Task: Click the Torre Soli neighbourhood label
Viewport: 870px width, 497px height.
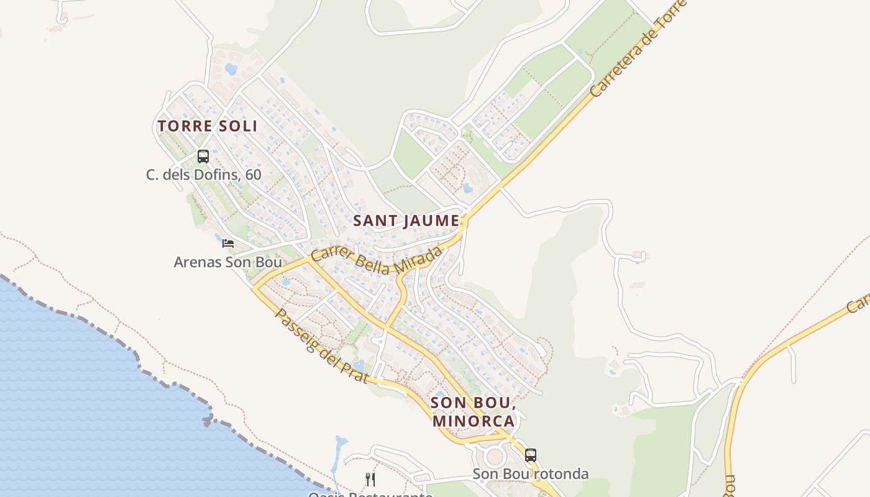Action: click(207, 126)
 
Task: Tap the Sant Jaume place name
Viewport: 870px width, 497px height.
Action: click(406, 221)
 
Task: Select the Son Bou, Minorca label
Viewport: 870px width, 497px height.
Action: click(474, 411)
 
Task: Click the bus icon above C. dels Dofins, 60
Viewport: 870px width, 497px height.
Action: click(203, 157)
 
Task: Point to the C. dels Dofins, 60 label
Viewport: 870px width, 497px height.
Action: click(204, 175)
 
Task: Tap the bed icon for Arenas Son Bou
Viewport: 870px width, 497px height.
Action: click(228, 243)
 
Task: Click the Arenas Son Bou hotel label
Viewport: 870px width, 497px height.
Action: click(227, 262)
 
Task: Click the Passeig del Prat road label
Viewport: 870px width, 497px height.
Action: click(321, 346)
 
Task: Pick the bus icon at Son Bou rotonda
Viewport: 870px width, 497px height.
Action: click(530, 455)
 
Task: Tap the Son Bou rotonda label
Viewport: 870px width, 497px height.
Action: click(530, 474)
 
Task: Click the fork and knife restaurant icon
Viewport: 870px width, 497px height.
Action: click(370, 479)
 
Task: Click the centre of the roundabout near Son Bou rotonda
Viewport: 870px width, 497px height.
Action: click(495, 457)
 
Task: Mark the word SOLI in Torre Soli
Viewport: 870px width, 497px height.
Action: click(237, 126)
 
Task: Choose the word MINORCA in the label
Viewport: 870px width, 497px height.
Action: click(474, 421)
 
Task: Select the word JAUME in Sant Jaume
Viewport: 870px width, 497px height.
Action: click(429, 221)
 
